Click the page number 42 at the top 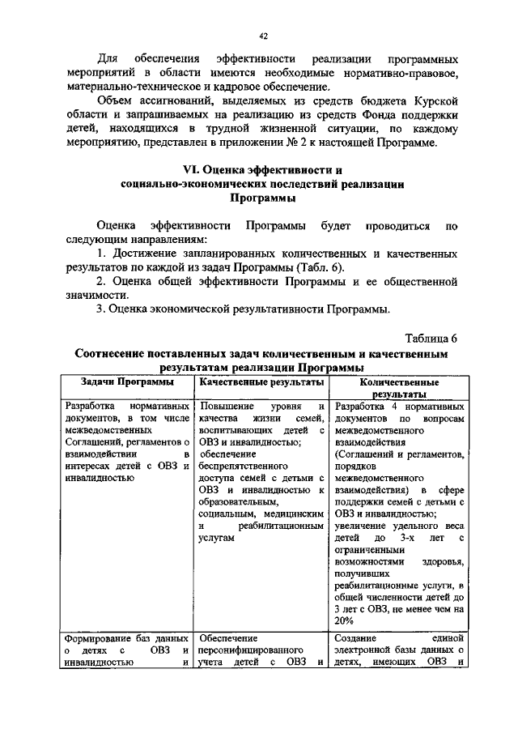click(263, 36)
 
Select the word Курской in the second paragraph click(435, 100)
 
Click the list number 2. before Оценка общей click(101, 281)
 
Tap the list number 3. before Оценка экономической click(101, 309)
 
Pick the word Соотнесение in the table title click(116, 354)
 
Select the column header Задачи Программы click(126, 381)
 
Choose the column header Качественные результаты click(262, 381)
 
